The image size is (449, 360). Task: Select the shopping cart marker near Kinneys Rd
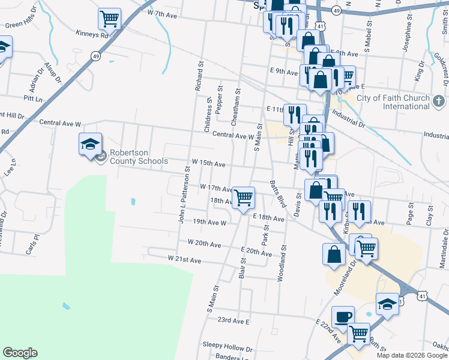point(109,19)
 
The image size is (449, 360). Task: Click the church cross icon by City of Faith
point(439,98)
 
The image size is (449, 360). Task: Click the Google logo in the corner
point(20,353)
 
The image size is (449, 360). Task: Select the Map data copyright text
point(412,355)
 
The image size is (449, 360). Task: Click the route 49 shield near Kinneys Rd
point(95,55)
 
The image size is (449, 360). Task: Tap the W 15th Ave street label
point(208,163)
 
